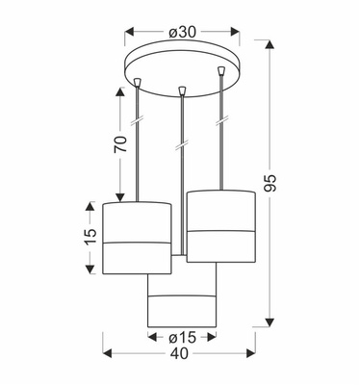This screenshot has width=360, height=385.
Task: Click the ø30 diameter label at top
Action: coord(182,31)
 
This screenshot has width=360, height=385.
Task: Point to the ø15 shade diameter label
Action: coord(181,338)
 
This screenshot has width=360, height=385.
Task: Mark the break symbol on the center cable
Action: coord(181,146)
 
